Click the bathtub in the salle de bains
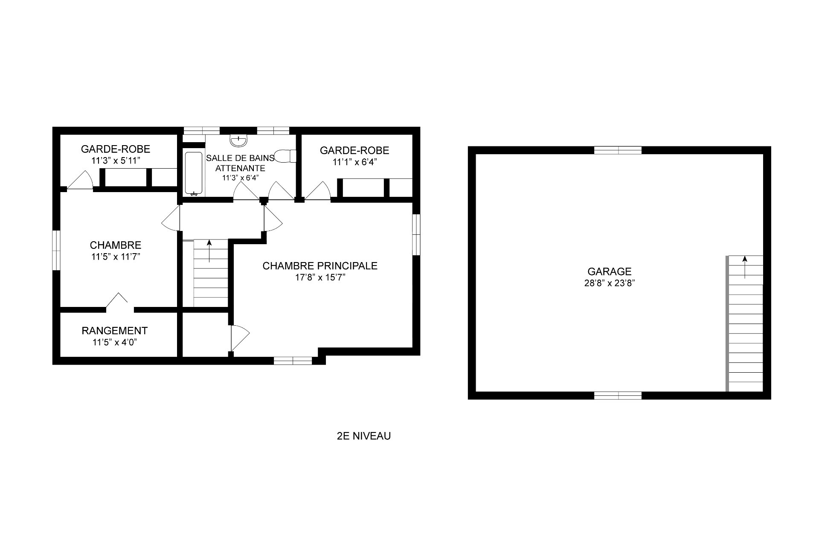[194, 173]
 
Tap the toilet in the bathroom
[286, 156]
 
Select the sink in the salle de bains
[238, 140]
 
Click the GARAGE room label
[609, 272]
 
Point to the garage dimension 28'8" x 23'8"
[609, 283]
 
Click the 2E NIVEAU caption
[363, 436]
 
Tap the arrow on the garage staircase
[745, 267]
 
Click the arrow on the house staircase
[209, 251]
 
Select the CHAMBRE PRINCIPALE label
[320, 266]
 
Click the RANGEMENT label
[115, 331]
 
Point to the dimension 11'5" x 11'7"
[115, 257]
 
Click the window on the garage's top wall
[618, 150]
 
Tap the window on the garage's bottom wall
[618, 395]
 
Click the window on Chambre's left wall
[56, 250]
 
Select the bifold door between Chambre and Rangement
[120, 300]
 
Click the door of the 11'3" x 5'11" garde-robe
[80, 180]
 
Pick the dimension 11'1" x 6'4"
[355, 162]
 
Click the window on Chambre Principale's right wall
[416, 234]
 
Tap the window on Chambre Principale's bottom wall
[293, 361]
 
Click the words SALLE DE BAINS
[240, 158]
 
